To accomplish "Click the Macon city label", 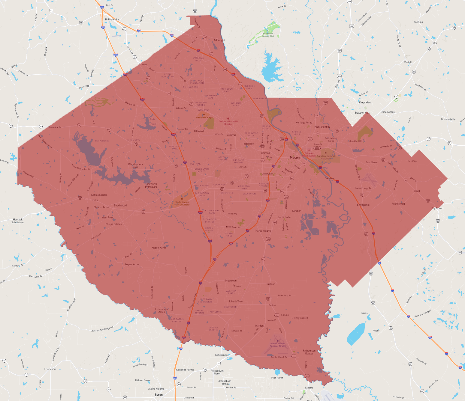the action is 294,157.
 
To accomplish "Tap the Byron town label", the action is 159,395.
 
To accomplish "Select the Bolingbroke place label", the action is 112,19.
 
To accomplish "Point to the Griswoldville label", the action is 448,119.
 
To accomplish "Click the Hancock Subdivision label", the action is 18,221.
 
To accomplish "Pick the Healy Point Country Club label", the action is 268,35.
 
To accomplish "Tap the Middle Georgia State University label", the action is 182,203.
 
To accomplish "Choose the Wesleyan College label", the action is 204,117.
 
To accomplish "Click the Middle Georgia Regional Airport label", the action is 277,345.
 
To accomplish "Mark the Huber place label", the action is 376,331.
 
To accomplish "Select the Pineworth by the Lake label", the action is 151,185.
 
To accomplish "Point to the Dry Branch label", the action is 438,208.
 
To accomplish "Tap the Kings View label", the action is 365,102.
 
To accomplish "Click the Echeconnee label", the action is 222,355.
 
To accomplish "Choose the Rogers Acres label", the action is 132,264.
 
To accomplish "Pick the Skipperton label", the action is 231,281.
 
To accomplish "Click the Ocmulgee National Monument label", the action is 325,157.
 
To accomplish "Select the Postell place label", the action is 408,62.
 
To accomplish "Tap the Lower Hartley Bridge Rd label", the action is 102,329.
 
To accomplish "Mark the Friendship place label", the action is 50,369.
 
